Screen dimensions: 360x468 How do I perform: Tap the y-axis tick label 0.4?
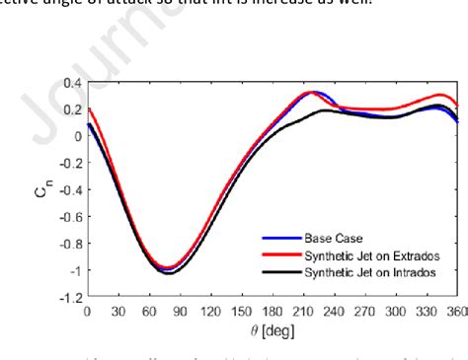coord(70,82)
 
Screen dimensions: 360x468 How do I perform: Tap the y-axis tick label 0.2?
coord(70,108)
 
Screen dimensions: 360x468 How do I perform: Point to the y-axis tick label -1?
coord(72,269)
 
